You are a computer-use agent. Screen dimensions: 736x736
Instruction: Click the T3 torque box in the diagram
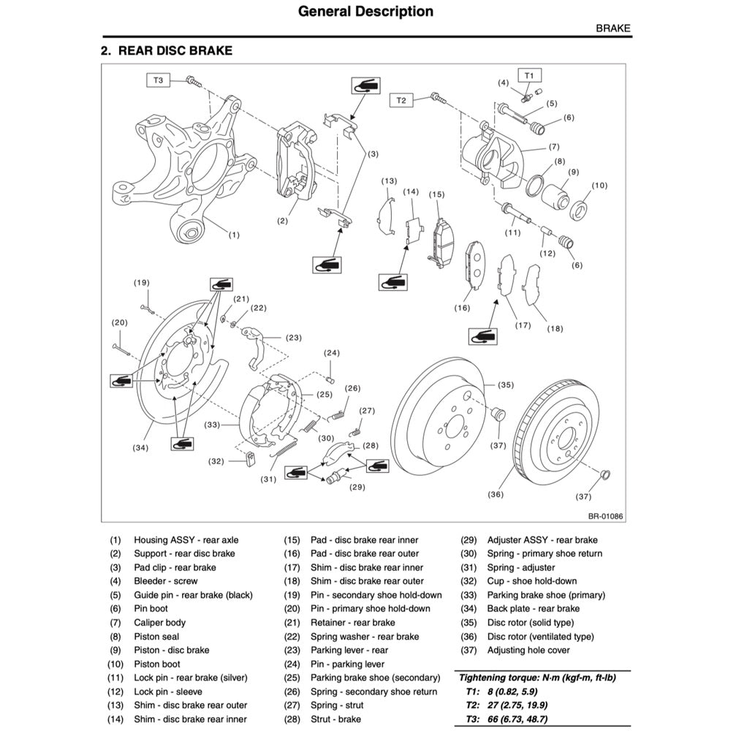pos(158,80)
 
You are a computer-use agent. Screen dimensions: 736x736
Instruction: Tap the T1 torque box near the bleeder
pos(530,75)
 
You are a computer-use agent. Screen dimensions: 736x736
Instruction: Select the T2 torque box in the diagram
pos(401,100)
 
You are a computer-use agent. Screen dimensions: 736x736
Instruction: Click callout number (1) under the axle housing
pos(234,235)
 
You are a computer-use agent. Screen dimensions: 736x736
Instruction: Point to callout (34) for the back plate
pos(141,448)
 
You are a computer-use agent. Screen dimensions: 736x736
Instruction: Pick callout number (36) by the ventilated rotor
pos(495,495)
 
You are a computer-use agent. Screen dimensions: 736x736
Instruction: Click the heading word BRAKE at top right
pos(613,29)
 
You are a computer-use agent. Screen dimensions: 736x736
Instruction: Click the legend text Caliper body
pos(159,623)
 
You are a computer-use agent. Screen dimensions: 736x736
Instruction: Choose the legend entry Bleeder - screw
pos(165,581)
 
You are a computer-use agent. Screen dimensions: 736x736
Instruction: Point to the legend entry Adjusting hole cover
pos(528,650)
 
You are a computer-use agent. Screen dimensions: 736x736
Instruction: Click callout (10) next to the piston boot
pos(599,186)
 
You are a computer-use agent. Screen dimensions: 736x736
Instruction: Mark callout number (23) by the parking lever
pos(294,338)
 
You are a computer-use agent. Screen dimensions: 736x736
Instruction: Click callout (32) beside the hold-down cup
pos(216,461)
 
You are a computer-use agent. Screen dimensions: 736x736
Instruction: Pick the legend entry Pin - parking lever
pos(347,664)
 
